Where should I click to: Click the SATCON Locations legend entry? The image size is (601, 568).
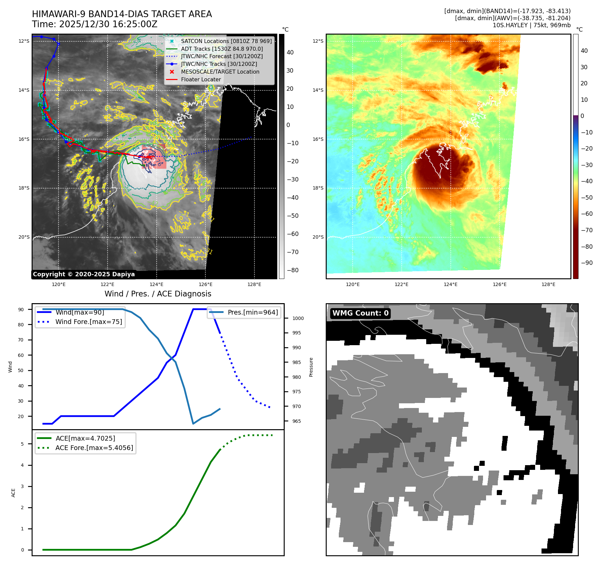[226, 41]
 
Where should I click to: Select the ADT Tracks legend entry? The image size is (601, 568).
[222, 49]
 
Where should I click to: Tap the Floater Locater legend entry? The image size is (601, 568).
[201, 79]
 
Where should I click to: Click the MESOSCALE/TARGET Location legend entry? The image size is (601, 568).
[220, 72]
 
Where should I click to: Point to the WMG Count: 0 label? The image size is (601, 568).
[360, 313]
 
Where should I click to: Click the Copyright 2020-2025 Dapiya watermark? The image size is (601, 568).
[84, 274]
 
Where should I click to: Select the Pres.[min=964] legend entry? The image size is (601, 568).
[252, 312]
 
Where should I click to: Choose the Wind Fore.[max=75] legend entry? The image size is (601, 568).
[88, 322]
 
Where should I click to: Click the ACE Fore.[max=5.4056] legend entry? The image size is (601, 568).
[94, 448]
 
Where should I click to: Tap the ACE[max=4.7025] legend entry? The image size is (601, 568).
[85, 438]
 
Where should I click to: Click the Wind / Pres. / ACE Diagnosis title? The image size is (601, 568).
[158, 294]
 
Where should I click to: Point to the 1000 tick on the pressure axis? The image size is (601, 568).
[298, 318]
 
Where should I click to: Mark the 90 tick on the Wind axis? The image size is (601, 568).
[21, 310]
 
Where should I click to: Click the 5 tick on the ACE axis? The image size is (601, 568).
[23, 444]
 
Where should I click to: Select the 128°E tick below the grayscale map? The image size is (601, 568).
[254, 284]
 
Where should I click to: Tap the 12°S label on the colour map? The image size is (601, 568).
[318, 41]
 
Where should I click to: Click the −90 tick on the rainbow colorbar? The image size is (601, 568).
[587, 263]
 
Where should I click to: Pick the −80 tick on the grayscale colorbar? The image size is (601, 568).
[292, 270]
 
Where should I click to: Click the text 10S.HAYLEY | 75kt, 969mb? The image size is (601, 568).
[531, 25]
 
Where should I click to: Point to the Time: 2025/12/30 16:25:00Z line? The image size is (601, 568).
[94, 24]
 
